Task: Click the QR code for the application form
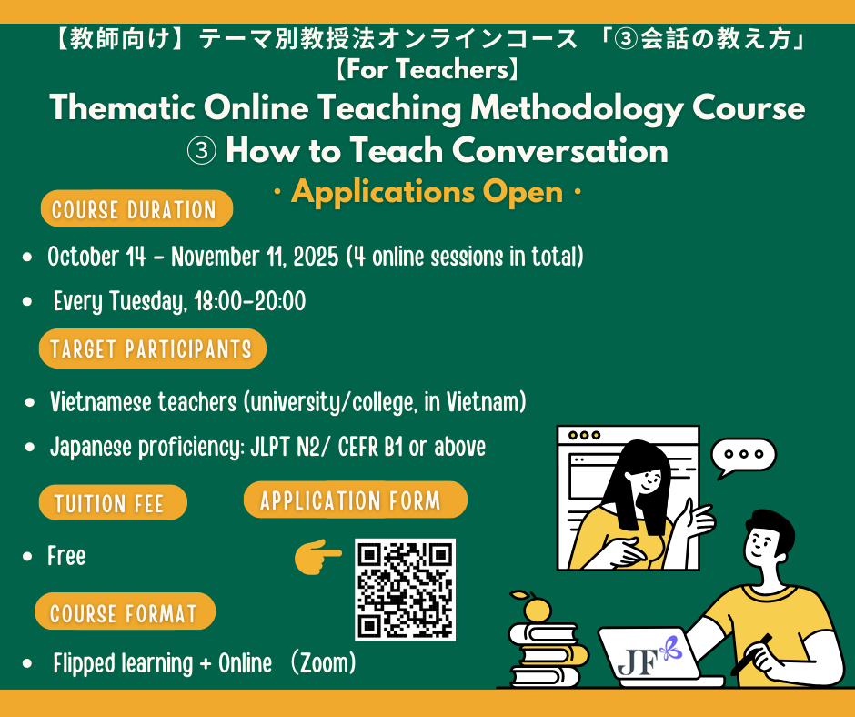405,590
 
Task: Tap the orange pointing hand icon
317,557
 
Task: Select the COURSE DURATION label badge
136,209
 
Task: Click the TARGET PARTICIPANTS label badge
152,348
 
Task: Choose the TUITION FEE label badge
113,502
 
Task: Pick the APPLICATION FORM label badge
355,500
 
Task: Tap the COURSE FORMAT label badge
125,611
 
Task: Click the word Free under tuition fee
66,556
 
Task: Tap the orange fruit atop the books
537,608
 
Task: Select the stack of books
547,653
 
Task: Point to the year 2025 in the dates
316,257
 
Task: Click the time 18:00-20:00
250,301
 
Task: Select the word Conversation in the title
560,150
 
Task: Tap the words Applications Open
427,192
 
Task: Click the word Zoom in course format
324,663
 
